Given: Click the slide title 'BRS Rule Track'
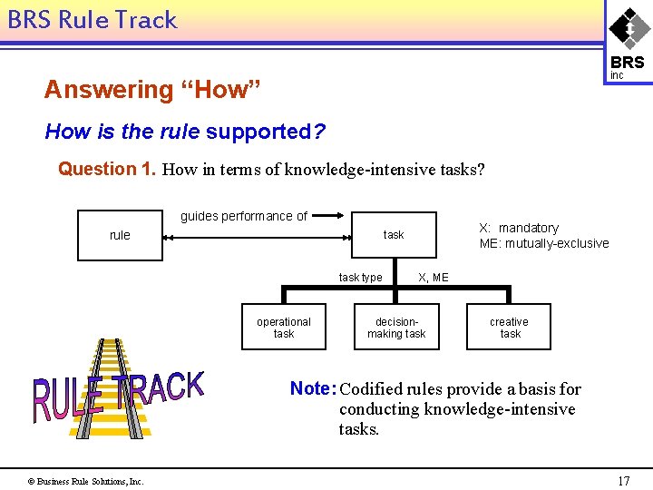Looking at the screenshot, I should pyautogui.click(x=93, y=20).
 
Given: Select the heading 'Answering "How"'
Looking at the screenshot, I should pyautogui.click(x=152, y=90).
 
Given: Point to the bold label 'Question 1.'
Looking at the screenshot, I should pyautogui.click(x=107, y=169).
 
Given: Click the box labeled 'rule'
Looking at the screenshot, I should pyautogui.click(x=120, y=235).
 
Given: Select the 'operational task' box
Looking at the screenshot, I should pyautogui.click(x=284, y=328).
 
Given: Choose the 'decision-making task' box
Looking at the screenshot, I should pyautogui.click(x=396, y=328).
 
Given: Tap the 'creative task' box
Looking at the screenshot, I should pyautogui.click(x=509, y=328).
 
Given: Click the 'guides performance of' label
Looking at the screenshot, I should pyautogui.click(x=244, y=216).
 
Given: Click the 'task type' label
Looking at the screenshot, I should pyautogui.click(x=360, y=277).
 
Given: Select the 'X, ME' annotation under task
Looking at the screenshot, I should pyautogui.click(x=433, y=277).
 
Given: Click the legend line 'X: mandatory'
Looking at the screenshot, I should pyautogui.click(x=519, y=228).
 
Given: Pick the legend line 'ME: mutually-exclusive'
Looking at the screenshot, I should pyautogui.click(x=544, y=243).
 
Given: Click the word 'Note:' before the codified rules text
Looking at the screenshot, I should pyautogui.click(x=313, y=389).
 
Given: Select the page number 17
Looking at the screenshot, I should pyautogui.click(x=623, y=481).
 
